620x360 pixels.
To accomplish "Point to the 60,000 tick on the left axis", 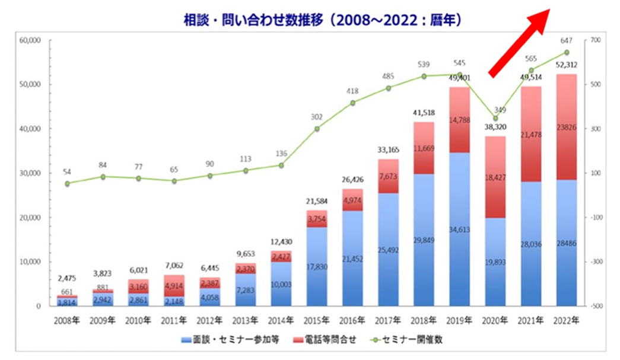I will click(30, 40).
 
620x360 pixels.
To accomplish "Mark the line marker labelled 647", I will click(567, 52).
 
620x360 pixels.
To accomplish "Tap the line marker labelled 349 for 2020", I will click(495, 119).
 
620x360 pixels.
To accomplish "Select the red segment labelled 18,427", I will click(495, 177).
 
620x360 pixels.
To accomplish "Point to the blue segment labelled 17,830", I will click(317, 266).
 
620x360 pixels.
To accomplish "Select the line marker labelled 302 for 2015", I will click(317, 129).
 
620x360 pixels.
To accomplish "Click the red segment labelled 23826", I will click(567, 127).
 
